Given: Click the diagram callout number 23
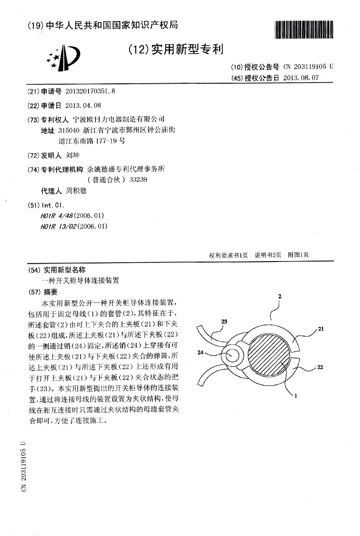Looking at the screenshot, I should click(224, 321).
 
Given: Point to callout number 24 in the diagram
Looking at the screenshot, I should click(202, 353).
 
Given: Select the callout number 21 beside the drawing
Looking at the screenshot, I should click(321, 331).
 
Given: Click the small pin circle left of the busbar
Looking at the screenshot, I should click(233, 354).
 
